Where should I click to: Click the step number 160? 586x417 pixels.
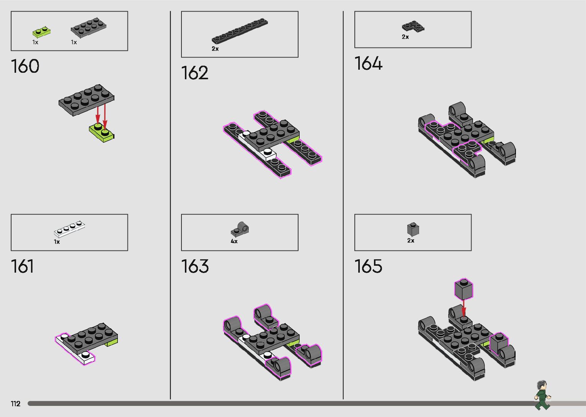click(25, 66)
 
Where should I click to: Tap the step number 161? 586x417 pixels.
click(23, 267)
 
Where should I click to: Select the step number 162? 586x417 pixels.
click(195, 73)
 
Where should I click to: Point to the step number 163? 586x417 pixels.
click(195, 267)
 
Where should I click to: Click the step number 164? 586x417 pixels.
click(368, 64)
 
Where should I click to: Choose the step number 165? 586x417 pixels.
click(368, 267)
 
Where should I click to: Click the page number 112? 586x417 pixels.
click(16, 404)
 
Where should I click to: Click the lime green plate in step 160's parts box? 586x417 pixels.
click(42, 31)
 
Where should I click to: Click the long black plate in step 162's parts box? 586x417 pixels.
click(240, 30)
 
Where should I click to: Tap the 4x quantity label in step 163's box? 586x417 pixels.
click(234, 242)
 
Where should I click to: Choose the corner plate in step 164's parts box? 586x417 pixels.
click(413, 26)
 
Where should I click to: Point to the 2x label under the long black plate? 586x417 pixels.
click(215, 49)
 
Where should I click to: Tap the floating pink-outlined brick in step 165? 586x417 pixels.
click(464, 289)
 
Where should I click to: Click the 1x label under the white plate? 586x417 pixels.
click(57, 242)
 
